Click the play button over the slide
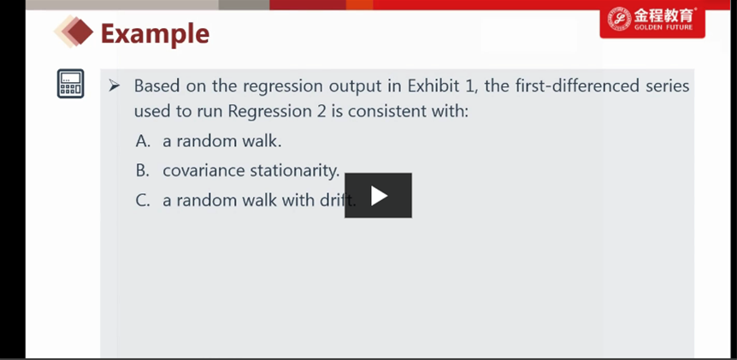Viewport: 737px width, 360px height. [379, 196]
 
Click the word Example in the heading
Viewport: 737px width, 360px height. [155, 34]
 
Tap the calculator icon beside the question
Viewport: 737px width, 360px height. [70, 84]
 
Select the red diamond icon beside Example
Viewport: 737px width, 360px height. [74, 31]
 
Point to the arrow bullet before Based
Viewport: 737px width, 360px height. [115, 86]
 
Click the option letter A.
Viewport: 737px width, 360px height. [143, 141]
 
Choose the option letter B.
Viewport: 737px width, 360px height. [143, 171]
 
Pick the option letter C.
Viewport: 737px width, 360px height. [143, 201]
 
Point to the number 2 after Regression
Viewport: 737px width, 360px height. [321, 112]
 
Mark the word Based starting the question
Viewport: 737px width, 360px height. [157, 86]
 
